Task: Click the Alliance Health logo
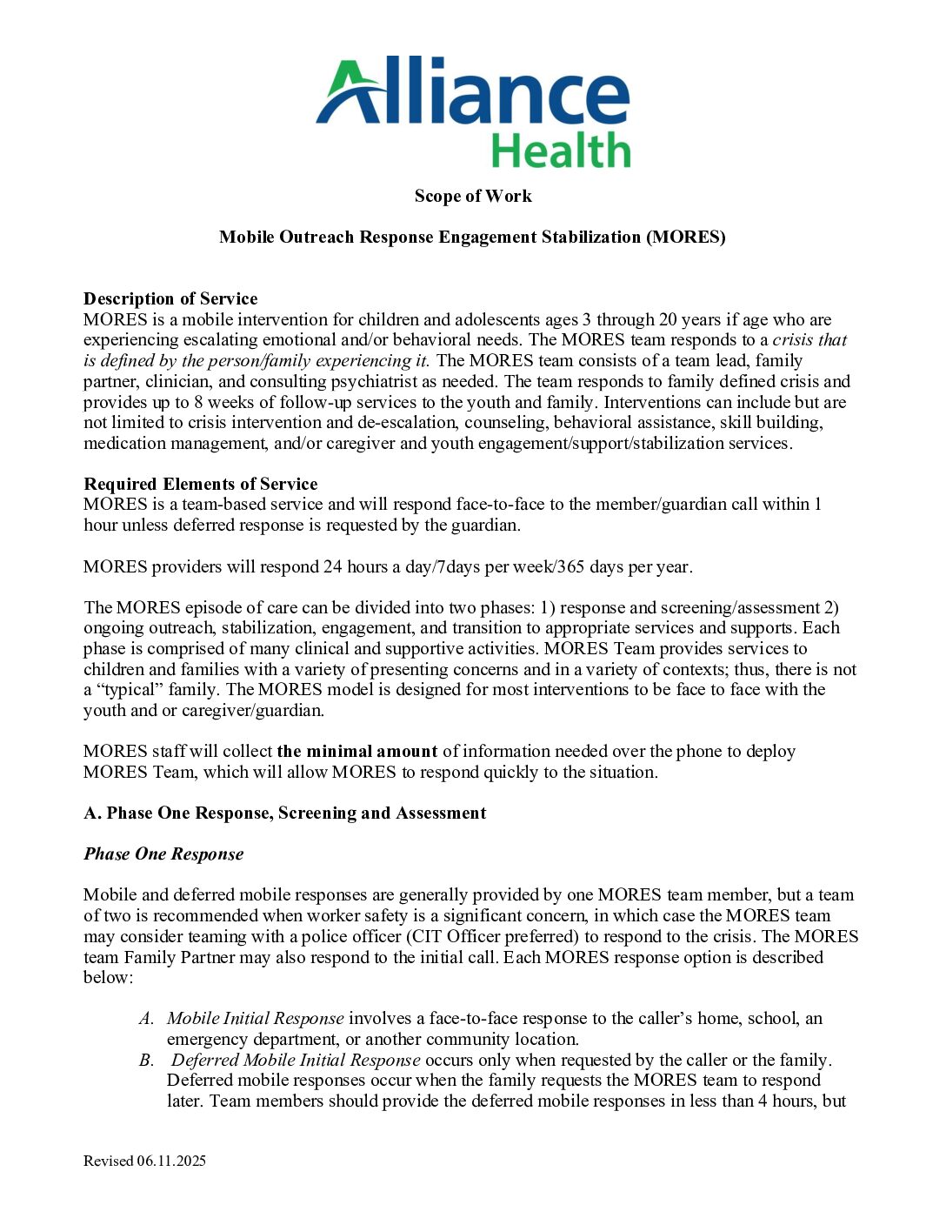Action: click(x=473, y=111)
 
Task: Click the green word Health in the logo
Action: click(x=560, y=151)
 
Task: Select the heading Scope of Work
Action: click(x=473, y=196)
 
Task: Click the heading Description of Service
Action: click(x=170, y=298)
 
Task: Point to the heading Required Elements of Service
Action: click(x=200, y=484)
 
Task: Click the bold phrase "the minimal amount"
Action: click(x=356, y=751)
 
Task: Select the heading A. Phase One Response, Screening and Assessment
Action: click(x=284, y=813)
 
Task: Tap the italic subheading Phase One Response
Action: click(x=163, y=853)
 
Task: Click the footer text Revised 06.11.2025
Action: click(x=144, y=1161)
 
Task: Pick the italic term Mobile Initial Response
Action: click(x=256, y=1018)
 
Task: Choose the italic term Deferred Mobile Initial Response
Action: click(x=296, y=1060)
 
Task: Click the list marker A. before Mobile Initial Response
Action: click(x=146, y=1018)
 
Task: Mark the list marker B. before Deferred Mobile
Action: click(x=146, y=1060)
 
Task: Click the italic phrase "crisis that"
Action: click(x=809, y=339)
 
